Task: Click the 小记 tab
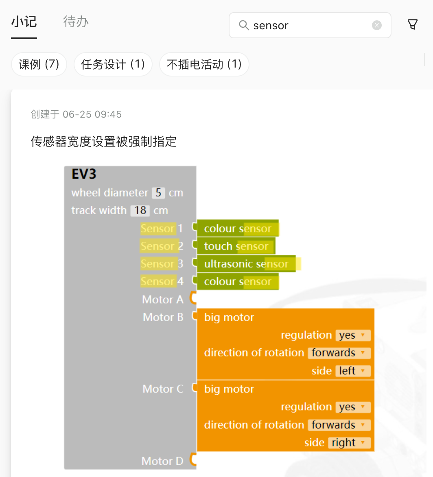click(24, 22)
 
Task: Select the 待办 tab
click(76, 22)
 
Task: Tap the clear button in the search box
click(377, 25)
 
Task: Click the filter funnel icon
click(413, 25)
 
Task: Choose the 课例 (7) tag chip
click(39, 64)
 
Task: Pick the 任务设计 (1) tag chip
click(113, 64)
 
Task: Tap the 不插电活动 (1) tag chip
click(204, 64)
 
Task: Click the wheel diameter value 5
click(158, 193)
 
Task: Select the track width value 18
click(140, 210)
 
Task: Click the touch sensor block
click(236, 246)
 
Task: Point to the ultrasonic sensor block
click(246, 264)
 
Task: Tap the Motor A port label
click(163, 300)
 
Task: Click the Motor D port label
click(162, 461)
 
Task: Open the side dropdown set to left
click(352, 371)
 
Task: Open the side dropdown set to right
click(349, 443)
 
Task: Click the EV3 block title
click(84, 174)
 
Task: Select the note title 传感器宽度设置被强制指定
click(103, 142)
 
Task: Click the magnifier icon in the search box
click(244, 25)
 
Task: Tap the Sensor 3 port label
click(162, 264)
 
